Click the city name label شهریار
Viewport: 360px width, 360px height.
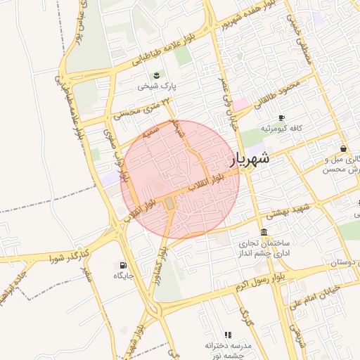[x=250, y=160]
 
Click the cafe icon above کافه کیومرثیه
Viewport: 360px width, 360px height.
[x=281, y=117]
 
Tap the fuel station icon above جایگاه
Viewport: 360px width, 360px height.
[x=124, y=265]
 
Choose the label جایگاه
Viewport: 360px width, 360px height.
[x=124, y=277]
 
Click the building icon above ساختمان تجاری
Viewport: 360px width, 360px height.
[x=264, y=232]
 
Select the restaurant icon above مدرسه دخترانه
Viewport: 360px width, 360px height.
[x=227, y=335]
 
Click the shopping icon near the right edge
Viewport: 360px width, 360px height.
[x=342, y=149]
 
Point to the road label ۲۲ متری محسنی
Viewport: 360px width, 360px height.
[x=146, y=107]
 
